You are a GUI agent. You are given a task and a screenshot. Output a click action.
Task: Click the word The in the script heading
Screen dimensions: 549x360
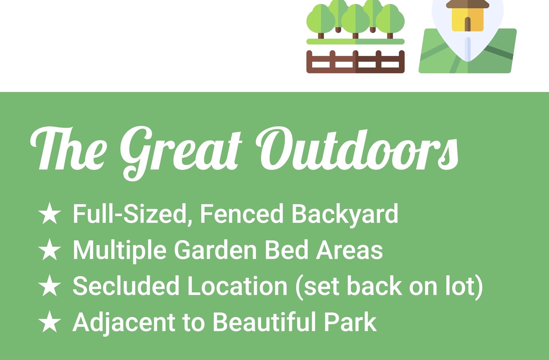(69, 148)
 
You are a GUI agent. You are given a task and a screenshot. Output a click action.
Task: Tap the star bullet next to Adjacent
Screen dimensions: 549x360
(50, 322)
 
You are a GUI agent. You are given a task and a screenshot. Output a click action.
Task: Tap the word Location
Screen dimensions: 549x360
(237, 286)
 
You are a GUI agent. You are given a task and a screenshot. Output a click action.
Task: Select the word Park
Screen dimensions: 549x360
(350, 322)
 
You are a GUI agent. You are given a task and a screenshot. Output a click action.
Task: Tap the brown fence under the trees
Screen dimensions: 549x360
(355, 62)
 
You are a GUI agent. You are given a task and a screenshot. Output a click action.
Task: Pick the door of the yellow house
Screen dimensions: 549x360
(468, 24)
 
